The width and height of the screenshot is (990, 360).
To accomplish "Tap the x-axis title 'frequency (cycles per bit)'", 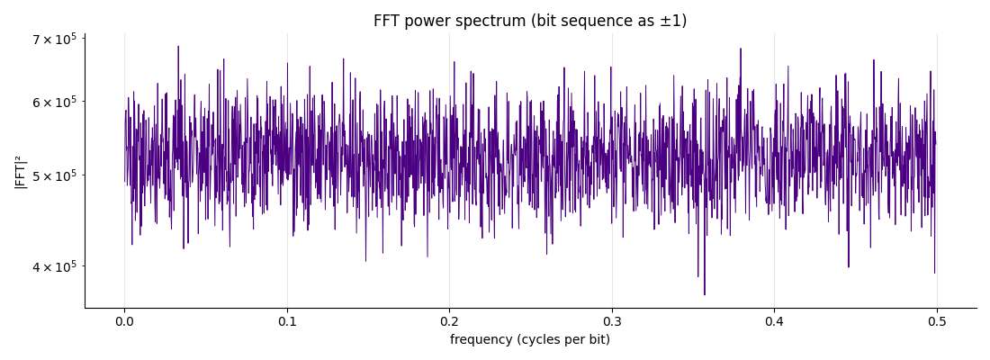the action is (530, 340).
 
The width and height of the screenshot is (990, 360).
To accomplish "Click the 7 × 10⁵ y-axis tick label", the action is (54, 40).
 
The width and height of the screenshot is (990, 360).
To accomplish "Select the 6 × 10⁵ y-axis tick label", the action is (54, 102).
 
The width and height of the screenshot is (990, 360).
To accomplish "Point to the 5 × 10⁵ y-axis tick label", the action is (54, 175).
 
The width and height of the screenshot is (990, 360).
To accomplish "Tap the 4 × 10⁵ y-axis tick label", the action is (54, 266).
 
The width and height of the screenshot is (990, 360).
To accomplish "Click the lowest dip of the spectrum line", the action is (705, 294).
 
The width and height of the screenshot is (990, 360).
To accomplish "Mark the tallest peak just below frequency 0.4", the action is (741, 49).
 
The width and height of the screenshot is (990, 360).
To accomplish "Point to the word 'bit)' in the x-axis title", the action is (599, 340).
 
